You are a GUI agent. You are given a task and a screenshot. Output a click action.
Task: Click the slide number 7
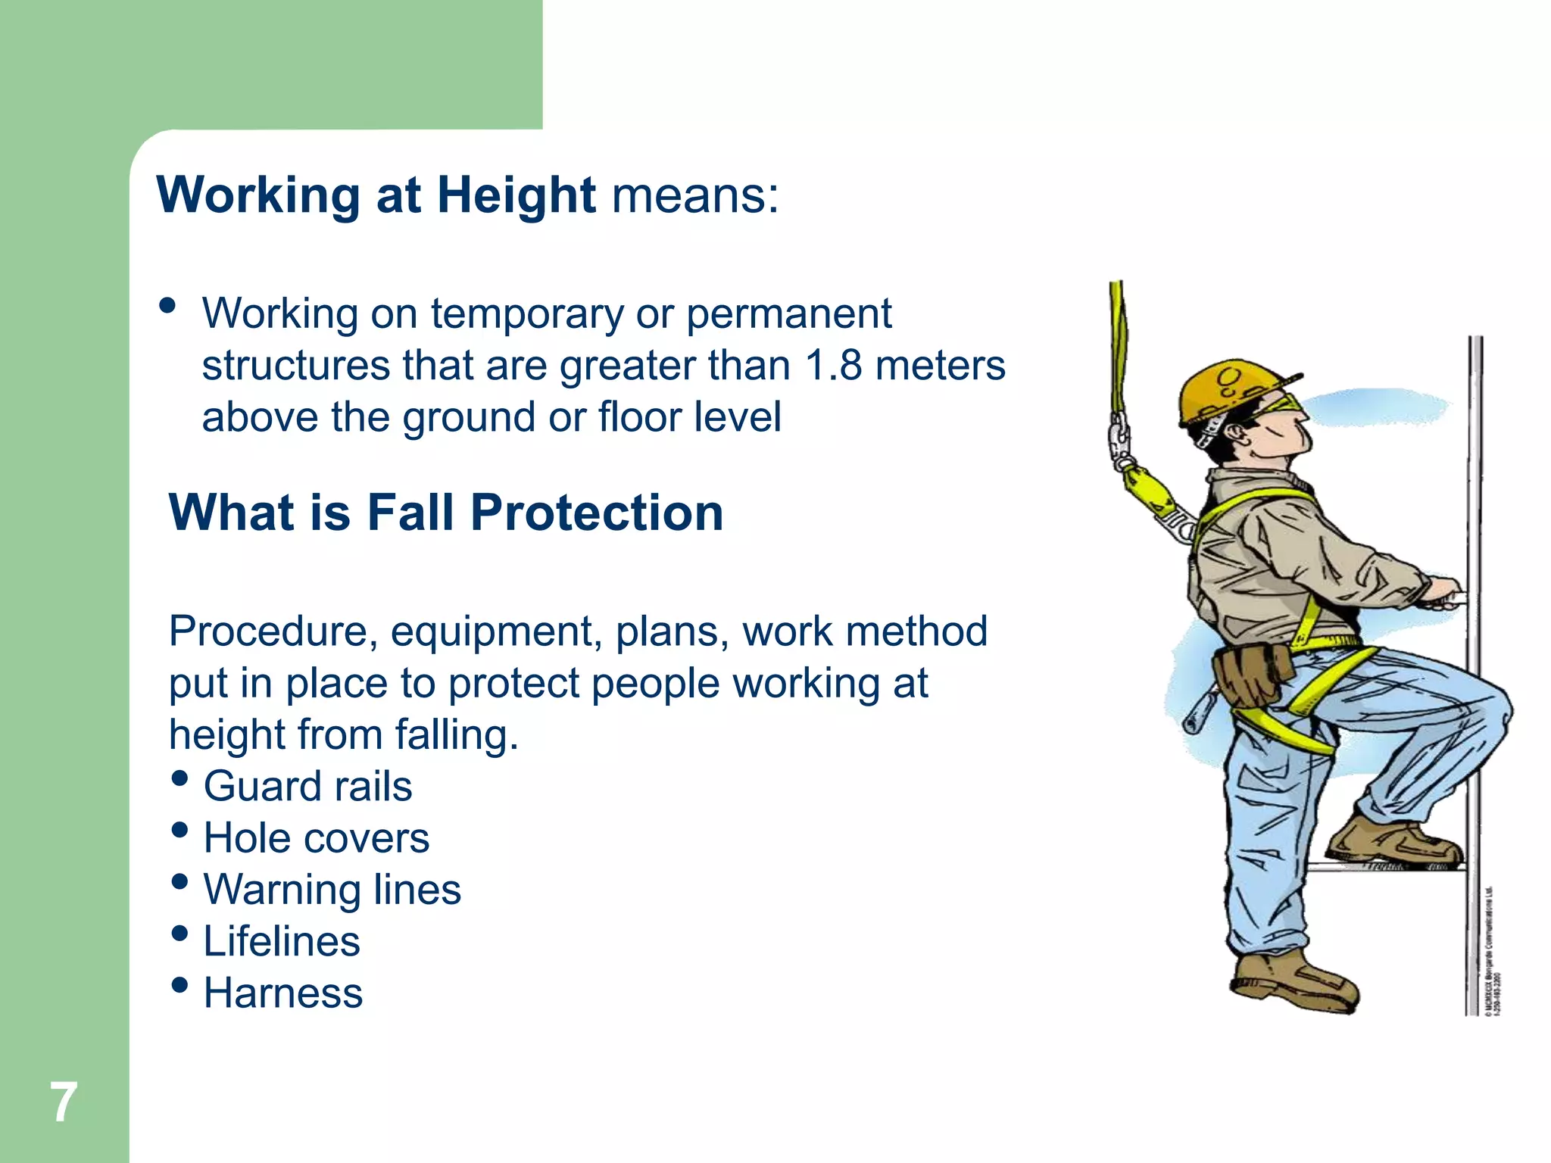click(64, 1102)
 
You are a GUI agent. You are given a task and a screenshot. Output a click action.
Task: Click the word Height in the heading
click(516, 195)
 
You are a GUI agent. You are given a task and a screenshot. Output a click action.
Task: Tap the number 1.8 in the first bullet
click(833, 366)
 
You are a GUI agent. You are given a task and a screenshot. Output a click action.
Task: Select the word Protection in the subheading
click(597, 513)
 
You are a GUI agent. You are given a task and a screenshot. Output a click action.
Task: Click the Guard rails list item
click(307, 786)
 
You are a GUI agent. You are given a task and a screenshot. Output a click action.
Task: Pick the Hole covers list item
click(316, 838)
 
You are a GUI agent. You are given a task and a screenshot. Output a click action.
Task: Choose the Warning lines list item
click(332, 890)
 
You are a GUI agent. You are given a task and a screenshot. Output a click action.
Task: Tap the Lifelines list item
click(282, 941)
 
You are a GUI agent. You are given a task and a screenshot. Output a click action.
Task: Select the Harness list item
click(283, 993)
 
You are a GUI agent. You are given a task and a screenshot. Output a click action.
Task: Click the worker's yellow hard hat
click(1227, 390)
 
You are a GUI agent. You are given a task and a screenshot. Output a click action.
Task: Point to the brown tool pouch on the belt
click(1250, 674)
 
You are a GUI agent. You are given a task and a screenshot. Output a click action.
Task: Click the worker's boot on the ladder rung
click(1393, 840)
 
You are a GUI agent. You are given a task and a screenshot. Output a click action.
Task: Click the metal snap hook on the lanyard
click(1119, 443)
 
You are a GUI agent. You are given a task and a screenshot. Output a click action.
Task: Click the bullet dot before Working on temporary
click(167, 306)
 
